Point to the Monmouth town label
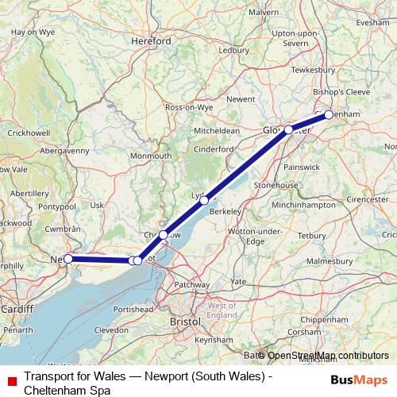click(x=151, y=156)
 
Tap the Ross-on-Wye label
click(x=189, y=106)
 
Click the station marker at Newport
click(x=68, y=259)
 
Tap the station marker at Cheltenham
click(x=329, y=114)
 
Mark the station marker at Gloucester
click(x=289, y=129)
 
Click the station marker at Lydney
click(x=204, y=200)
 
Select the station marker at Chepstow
click(x=163, y=235)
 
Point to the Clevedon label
click(x=111, y=329)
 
